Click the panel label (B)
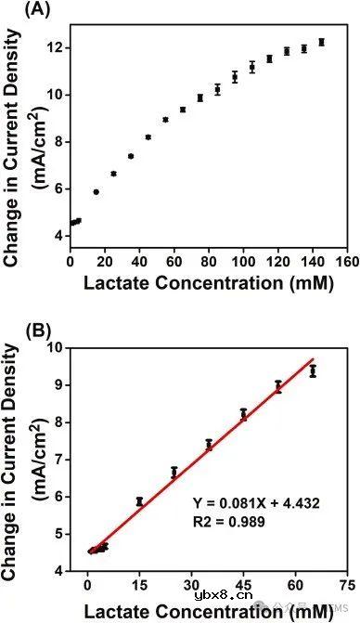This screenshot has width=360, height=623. point(18,328)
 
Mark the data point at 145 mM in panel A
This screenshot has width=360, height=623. point(321,42)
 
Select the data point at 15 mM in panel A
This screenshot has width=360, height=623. point(96,192)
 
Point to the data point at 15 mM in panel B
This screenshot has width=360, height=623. point(139,501)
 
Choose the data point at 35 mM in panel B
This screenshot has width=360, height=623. point(209,445)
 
